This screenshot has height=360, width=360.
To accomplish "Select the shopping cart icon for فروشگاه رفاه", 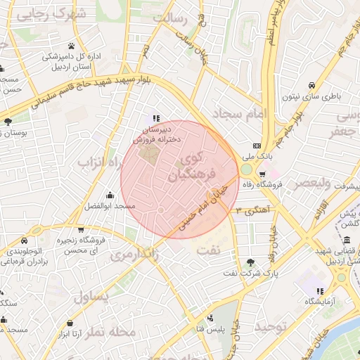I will pyautogui.click(x=262, y=174).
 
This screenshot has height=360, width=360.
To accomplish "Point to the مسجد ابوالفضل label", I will pyautogui.click(x=109, y=205).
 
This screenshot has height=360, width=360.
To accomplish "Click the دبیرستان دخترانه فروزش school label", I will pyautogui.click(x=158, y=135).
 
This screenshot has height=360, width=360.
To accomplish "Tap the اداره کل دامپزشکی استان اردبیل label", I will pyautogui.click(x=77, y=61).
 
